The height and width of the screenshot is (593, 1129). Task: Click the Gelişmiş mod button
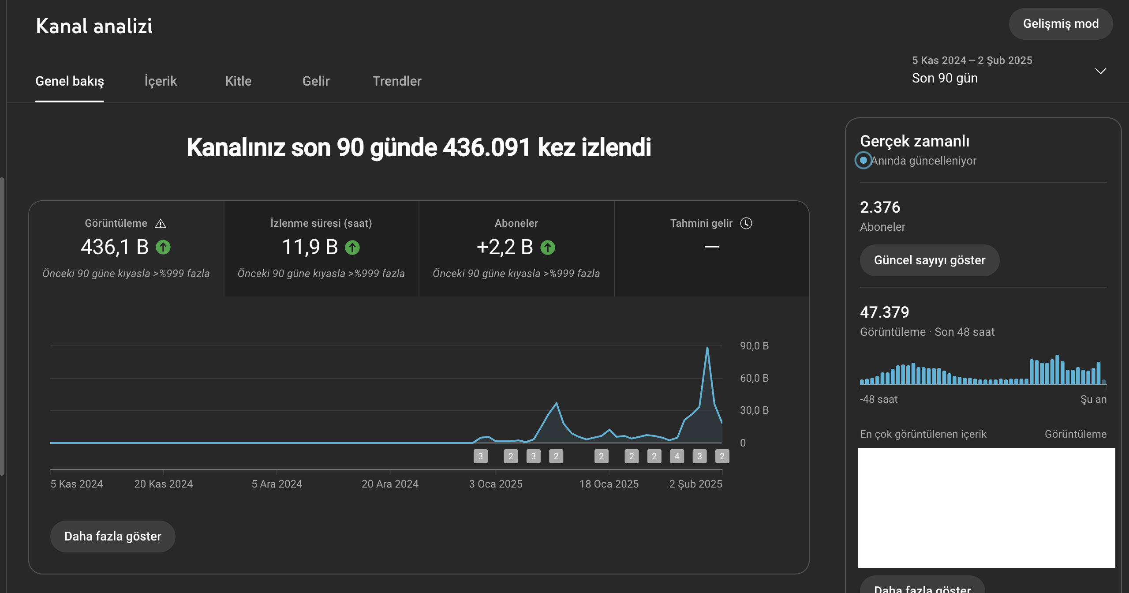(x=1061, y=24)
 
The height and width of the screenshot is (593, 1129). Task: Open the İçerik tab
(x=161, y=81)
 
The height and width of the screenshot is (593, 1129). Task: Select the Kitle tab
(x=238, y=81)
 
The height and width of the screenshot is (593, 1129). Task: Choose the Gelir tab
(x=316, y=81)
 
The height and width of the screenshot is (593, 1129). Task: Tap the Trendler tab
(x=397, y=81)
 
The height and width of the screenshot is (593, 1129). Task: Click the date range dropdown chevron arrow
(x=1100, y=71)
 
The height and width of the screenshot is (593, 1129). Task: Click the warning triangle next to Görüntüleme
(x=161, y=224)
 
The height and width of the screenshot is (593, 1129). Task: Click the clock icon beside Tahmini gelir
(x=746, y=223)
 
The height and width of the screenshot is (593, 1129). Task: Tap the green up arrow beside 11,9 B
(x=352, y=247)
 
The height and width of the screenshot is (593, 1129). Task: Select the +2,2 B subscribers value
(x=505, y=247)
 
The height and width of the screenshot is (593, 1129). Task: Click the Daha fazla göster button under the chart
(x=113, y=536)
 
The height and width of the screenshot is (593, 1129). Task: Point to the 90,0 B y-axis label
(x=754, y=346)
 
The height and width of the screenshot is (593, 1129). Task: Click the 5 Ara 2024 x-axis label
(x=277, y=484)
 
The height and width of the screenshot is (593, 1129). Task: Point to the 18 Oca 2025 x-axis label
(x=609, y=484)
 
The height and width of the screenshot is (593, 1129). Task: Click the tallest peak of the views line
(x=707, y=347)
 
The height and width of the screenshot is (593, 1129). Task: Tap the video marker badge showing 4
(x=677, y=456)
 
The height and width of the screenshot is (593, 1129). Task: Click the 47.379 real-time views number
(x=885, y=312)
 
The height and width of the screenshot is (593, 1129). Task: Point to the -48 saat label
(x=879, y=399)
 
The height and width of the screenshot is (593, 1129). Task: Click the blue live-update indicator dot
(x=864, y=160)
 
